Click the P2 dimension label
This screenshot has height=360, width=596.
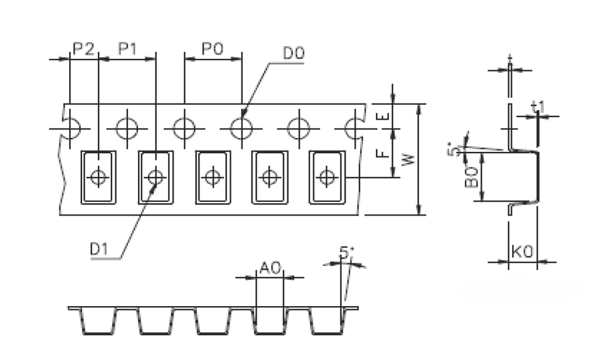[83, 49]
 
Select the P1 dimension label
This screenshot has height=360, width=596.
[128, 49]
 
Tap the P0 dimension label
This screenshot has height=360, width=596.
[213, 49]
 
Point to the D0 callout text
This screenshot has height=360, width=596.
[293, 54]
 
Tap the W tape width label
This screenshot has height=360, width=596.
[408, 159]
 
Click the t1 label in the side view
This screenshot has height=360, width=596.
[538, 109]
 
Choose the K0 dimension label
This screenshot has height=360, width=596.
[522, 252]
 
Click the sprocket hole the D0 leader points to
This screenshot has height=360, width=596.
[241, 129]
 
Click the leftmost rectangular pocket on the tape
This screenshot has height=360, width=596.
[98, 177]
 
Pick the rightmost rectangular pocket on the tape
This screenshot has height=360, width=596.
[326, 177]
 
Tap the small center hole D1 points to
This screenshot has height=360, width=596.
[155, 177]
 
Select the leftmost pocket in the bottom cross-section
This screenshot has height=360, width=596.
[98, 321]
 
